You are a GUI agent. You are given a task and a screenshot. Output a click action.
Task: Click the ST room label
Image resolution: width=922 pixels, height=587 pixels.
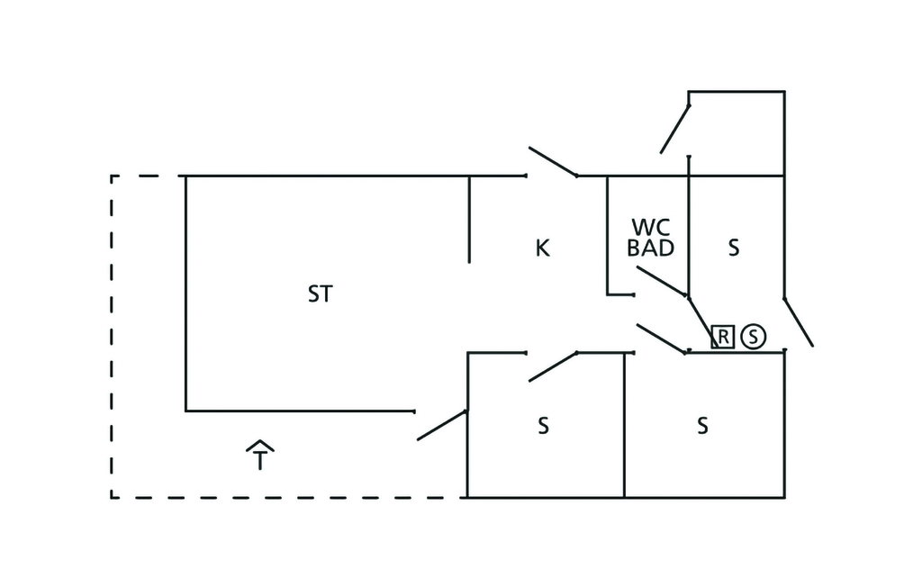[x=320, y=294]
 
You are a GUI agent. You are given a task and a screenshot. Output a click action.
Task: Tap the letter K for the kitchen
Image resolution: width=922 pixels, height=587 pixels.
[x=542, y=248]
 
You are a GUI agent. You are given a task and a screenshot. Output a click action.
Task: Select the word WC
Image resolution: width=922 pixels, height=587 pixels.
[x=650, y=227]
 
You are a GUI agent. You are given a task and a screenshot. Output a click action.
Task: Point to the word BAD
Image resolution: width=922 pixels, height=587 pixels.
[x=650, y=248]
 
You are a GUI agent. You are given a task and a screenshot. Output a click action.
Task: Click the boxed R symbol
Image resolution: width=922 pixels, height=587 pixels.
[x=723, y=337]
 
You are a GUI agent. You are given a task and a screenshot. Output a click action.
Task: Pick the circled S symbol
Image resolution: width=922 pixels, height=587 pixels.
[x=754, y=337]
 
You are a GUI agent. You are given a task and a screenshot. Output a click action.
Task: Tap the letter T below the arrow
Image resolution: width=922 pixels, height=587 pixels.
[x=259, y=462]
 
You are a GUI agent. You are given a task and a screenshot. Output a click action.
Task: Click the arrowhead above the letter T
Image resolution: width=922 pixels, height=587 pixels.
[x=259, y=445]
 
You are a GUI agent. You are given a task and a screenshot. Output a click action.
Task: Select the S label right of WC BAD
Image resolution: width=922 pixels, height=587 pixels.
[x=734, y=248]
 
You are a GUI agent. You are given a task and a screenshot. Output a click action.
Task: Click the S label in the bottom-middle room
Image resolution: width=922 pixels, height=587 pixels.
[x=543, y=425]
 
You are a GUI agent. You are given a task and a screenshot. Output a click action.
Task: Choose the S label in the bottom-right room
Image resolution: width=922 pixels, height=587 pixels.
[x=702, y=425]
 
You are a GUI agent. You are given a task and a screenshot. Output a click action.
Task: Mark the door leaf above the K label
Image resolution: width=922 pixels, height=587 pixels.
[x=552, y=162]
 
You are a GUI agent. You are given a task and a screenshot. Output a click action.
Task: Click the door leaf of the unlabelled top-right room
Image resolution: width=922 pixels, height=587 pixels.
[x=675, y=129]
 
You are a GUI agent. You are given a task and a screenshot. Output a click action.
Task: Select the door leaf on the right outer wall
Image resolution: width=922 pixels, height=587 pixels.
[x=798, y=321]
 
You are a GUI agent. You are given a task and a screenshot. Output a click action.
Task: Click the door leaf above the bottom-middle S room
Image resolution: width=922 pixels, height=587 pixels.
[x=553, y=366]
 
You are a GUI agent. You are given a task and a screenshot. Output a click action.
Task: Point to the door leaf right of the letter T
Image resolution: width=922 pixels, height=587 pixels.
[x=442, y=425]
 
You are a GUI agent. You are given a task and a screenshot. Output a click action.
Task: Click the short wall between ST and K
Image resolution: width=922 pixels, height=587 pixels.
[x=469, y=219]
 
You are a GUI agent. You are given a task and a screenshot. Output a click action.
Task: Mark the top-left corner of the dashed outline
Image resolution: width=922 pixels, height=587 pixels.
[x=112, y=176]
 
